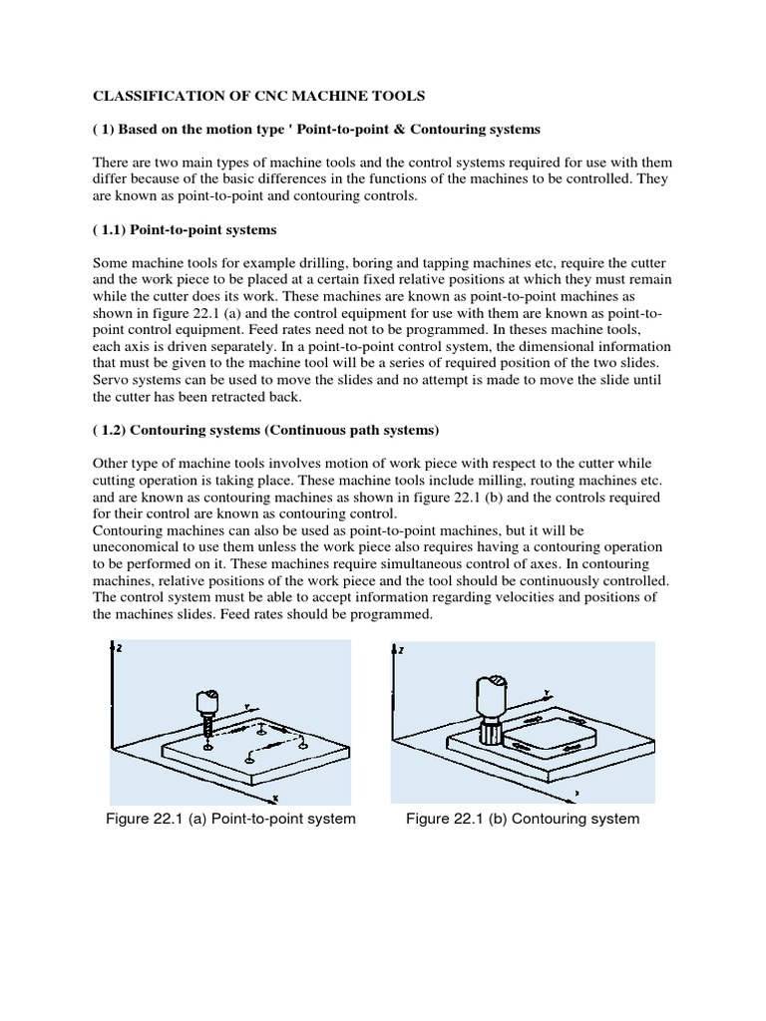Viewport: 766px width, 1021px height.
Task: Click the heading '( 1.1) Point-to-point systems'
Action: coord(185,230)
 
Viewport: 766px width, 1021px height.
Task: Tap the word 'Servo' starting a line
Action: coord(111,380)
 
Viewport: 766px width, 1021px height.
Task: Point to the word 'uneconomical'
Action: coord(139,547)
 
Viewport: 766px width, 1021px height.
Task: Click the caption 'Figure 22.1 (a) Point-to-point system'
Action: coord(230,819)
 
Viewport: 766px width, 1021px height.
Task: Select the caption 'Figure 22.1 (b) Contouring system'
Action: coord(523,819)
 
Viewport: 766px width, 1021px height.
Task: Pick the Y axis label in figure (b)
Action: coord(548,689)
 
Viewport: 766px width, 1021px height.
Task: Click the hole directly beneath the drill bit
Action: coord(207,746)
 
